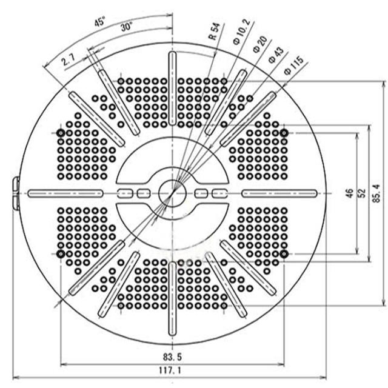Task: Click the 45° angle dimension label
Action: click(x=99, y=22)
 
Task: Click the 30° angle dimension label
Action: click(x=127, y=27)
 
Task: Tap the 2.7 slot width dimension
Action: click(x=69, y=59)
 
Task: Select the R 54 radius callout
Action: click(x=214, y=32)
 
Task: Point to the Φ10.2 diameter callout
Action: click(x=242, y=32)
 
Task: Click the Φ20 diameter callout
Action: click(x=260, y=44)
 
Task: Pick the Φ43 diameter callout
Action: click(x=276, y=55)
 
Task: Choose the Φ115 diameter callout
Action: click(x=293, y=65)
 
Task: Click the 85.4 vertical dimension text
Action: click(x=376, y=193)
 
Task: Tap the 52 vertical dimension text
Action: click(x=361, y=193)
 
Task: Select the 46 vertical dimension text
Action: click(x=349, y=193)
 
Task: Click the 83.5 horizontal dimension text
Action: click(x=172, y=357)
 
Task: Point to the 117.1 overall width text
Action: click(x=170, y=370)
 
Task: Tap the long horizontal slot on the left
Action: click(x=65, y=193)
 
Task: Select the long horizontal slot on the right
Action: click(x=279, y=193)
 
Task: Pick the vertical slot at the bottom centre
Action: click(x=172, y=299)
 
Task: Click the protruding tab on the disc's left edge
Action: click(x=16, y=193)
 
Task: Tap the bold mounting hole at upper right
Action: click(x=284, y=133)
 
